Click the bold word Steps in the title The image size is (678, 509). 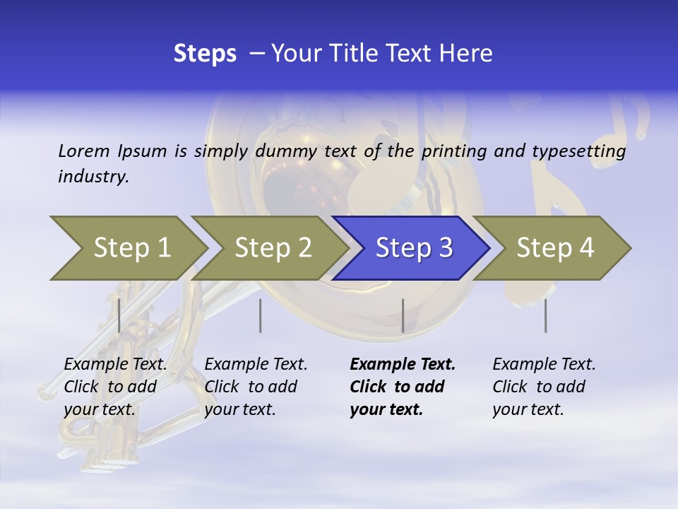pyautogui.click(x=205, y=54)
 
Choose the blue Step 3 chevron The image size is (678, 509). pyautogui.click(x=414, y=247)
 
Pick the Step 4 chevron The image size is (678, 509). pyautogui.click(x=555, y=247)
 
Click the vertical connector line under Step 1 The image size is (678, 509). pyautogui.click(x=119, y=315)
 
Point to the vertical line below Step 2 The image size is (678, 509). pyautogui.click(x=260, y=315)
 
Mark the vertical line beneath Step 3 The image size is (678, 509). pyautogui.click(x=403, y=315)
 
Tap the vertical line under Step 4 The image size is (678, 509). pyautogui.click(x=545, y=315)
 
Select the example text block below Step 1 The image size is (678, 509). pyautogui.click(x=114, y=387)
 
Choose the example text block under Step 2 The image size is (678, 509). pyautogui.click(x=255, y=387)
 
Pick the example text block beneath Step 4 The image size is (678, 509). pyautogui.click(x=543, y=387)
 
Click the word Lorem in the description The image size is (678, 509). pyautogui.click(x=84, y=151)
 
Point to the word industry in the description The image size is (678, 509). pyautogui.click(x=93, y=176)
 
